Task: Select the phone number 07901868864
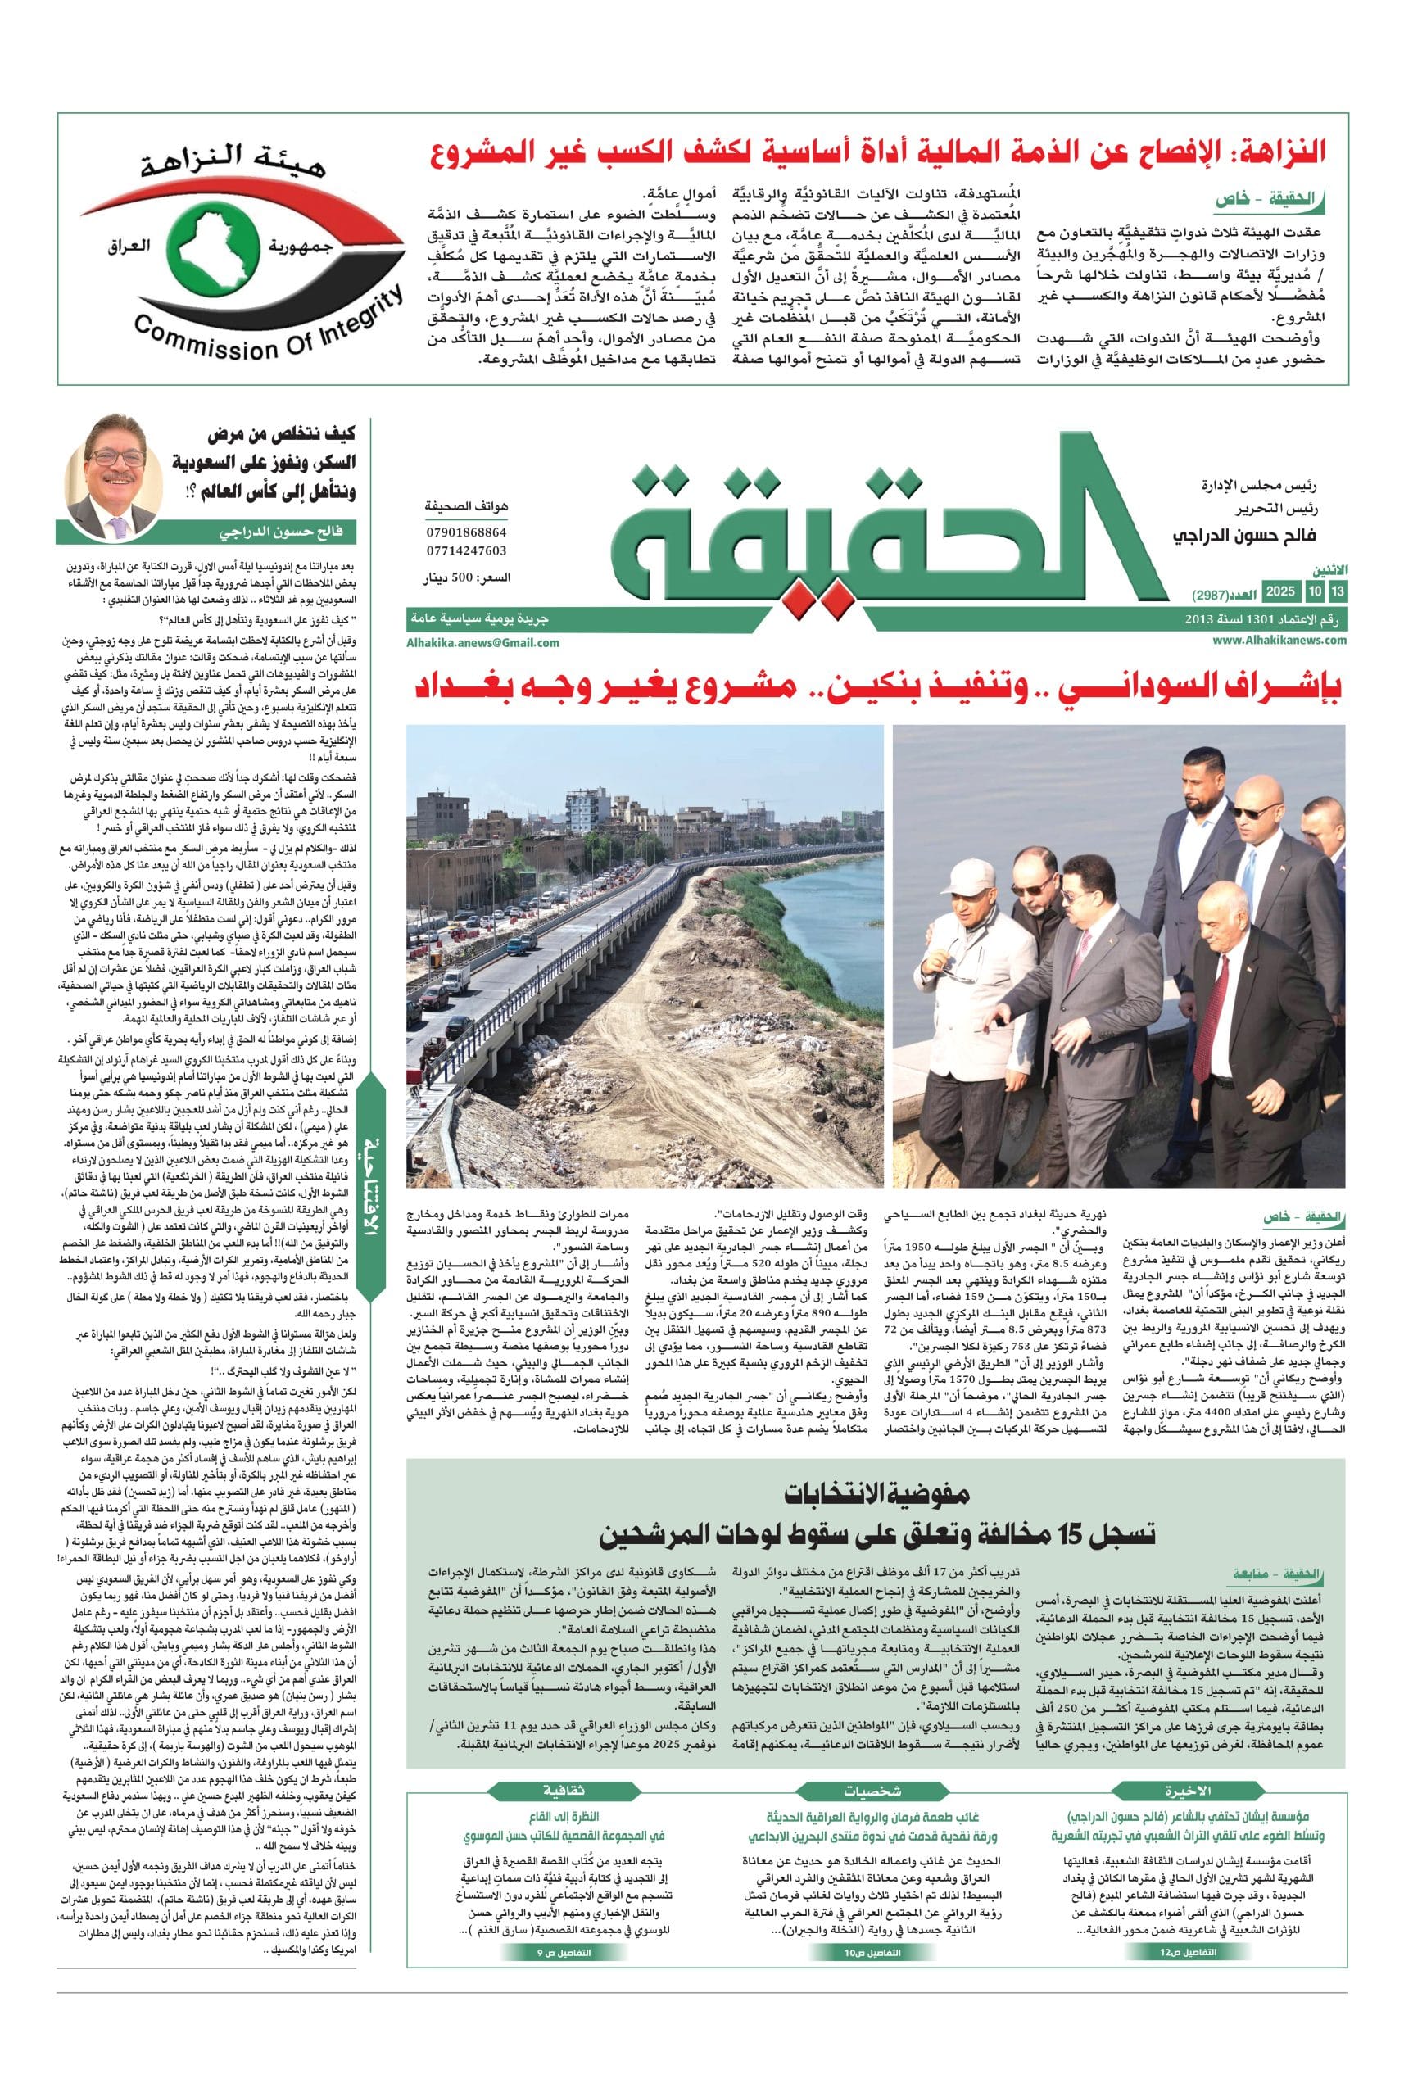pyautogui.click(x=467, y=532)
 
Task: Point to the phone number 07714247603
pyautogui.click(x=467, y=550)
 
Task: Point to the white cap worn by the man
pyautogui.click(x=977, y=855)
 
